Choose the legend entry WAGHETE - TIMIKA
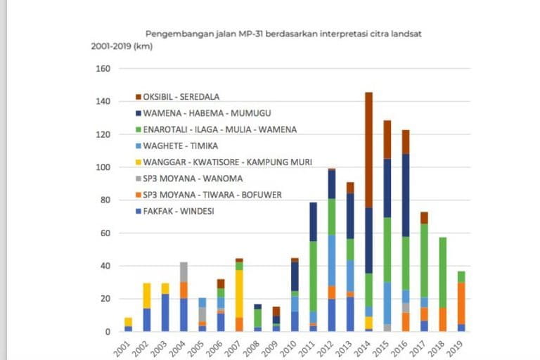click(181, 146)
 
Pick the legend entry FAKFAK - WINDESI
click(180, 212)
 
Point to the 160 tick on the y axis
click(103, 69)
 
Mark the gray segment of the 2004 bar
click(184, 272)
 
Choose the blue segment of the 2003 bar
click(166, 312)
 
